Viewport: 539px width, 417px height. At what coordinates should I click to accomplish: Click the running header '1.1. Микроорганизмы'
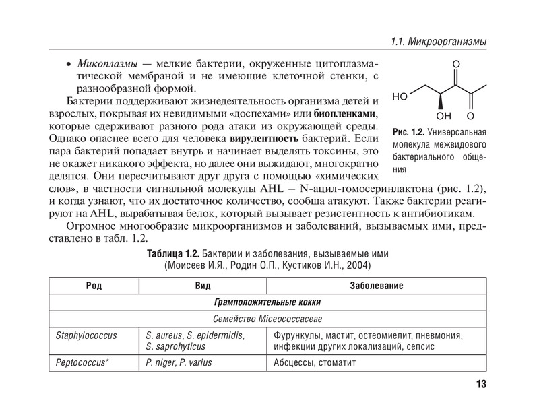440,42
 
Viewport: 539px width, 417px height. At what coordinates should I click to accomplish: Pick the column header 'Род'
94,286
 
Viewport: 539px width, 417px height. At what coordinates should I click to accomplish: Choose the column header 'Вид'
203,286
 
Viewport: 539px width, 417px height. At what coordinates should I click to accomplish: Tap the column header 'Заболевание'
377,286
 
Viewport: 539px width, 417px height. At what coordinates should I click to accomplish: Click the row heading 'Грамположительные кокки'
268,302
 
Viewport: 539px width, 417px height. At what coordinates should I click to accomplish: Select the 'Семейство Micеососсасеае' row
268,318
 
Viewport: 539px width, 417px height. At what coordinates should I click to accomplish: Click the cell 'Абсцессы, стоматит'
315,362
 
